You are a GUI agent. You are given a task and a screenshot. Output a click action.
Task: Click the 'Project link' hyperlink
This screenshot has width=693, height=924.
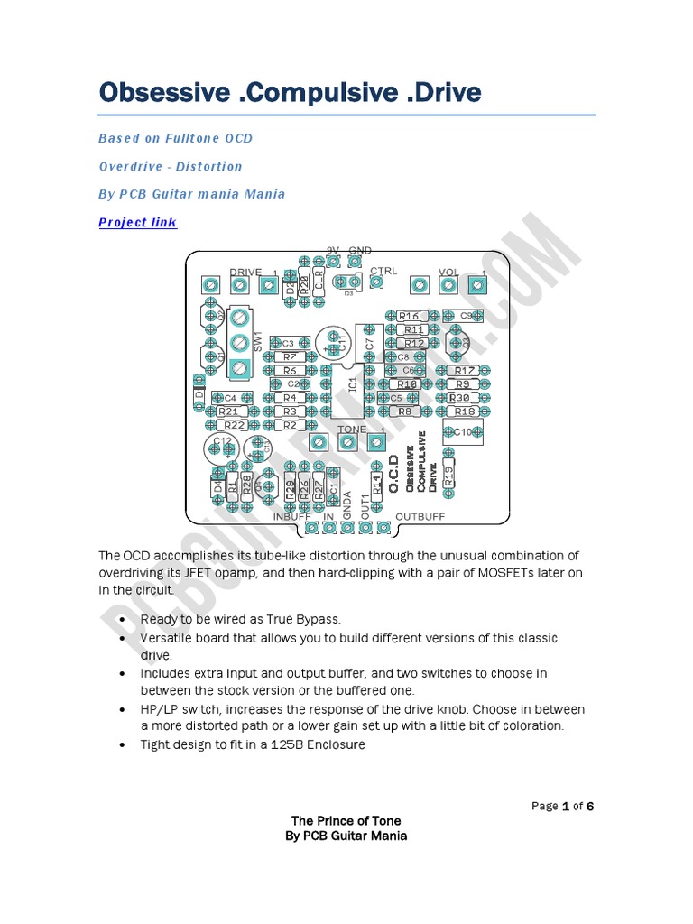click(x=137, y=222)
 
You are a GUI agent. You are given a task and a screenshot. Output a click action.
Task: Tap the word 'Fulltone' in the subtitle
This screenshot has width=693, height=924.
click(x=196, y=138)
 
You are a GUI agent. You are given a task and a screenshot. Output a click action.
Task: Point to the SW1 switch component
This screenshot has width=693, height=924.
click(x=239, y=344)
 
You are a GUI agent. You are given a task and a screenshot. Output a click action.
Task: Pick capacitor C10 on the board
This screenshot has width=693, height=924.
click(x=463, y=431)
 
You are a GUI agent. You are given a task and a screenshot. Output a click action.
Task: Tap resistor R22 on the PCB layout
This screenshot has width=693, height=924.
click(x=235, y=425)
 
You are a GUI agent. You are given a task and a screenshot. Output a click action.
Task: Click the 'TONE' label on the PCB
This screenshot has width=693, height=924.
click(x=352, y=430)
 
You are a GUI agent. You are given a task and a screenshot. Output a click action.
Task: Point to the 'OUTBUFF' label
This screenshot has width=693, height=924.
click(x=420, y=517)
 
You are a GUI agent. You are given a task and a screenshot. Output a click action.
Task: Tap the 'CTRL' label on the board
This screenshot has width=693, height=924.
click(x=383, y=271)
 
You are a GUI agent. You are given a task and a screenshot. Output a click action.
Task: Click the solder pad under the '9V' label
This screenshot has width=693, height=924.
click(x=333, y=262)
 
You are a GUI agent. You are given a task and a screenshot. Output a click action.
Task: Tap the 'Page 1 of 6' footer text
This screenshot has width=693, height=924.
click(x=562, y=806)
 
